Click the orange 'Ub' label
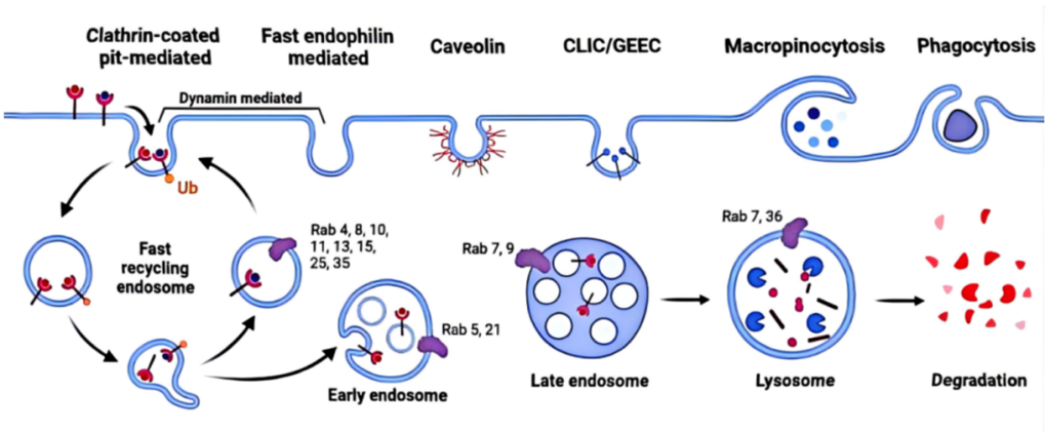(x=186, y=188)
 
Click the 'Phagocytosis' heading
(x=970, y=45)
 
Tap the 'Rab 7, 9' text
(x=488, y=249)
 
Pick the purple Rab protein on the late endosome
(x=531, y=261)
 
